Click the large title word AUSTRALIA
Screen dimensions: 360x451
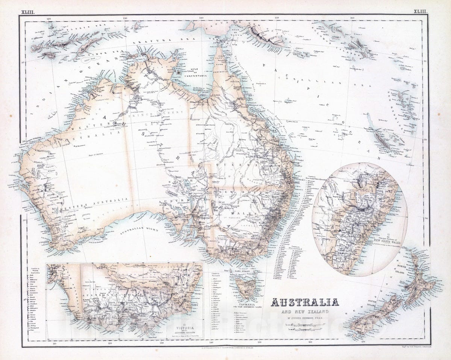click(305, 302)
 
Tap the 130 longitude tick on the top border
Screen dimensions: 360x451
click(125, 18)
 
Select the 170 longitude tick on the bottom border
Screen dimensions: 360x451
click(363, 342)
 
